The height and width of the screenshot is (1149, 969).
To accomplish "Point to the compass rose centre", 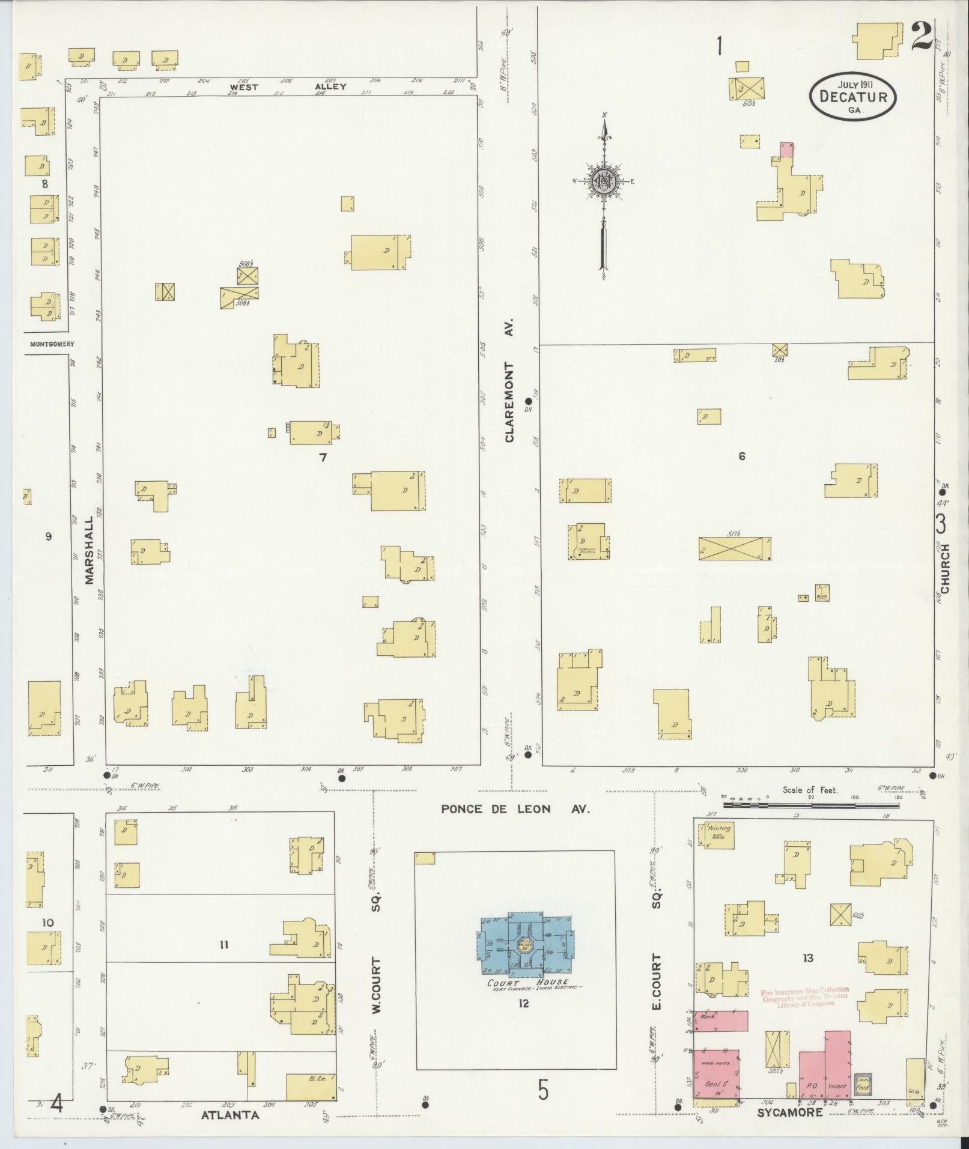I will coord(603,181).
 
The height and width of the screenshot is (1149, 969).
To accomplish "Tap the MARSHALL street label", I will coord(90,550).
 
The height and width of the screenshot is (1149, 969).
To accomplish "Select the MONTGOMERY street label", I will coord(52,344).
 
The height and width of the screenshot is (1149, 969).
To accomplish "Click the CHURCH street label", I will coord(945,568).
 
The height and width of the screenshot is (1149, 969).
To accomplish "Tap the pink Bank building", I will coord(721,1020).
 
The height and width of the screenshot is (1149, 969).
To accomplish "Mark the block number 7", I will coord(323,458).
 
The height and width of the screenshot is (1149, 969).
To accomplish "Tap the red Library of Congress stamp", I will coord(805,998).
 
